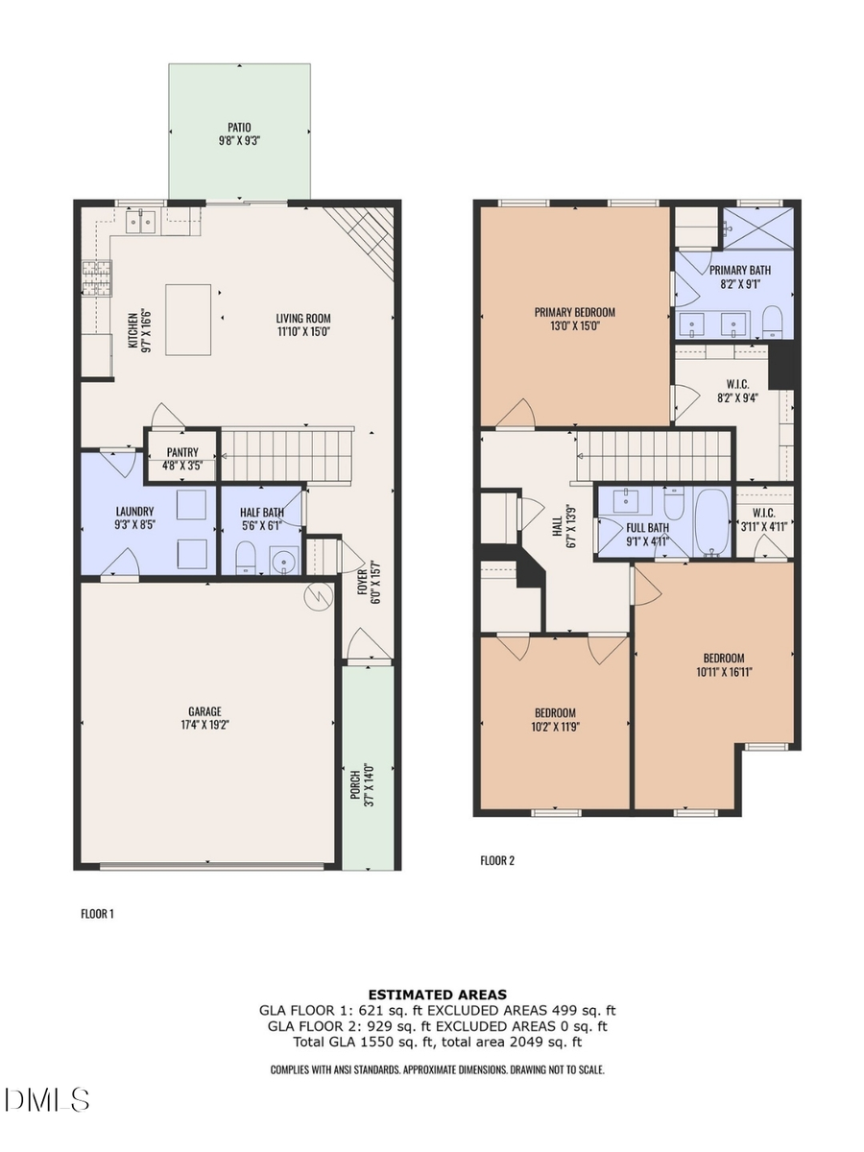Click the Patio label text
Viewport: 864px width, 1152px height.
pyautogui.click(x=239, y=126)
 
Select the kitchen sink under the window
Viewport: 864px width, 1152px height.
pyautogui.click(x=140, y=223)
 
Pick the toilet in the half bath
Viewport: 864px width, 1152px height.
pyautogui.click(x=245, y=557)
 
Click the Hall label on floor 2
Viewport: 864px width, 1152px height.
pyautogui.click(x=557, y=526)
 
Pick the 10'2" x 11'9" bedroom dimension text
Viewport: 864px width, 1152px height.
pyautogui.click(x=555, y=727)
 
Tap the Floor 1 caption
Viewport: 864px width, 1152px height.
pyautogui.click(x=97, y=915)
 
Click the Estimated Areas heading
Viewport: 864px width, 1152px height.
pyautogui.click(x=437, y=995)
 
